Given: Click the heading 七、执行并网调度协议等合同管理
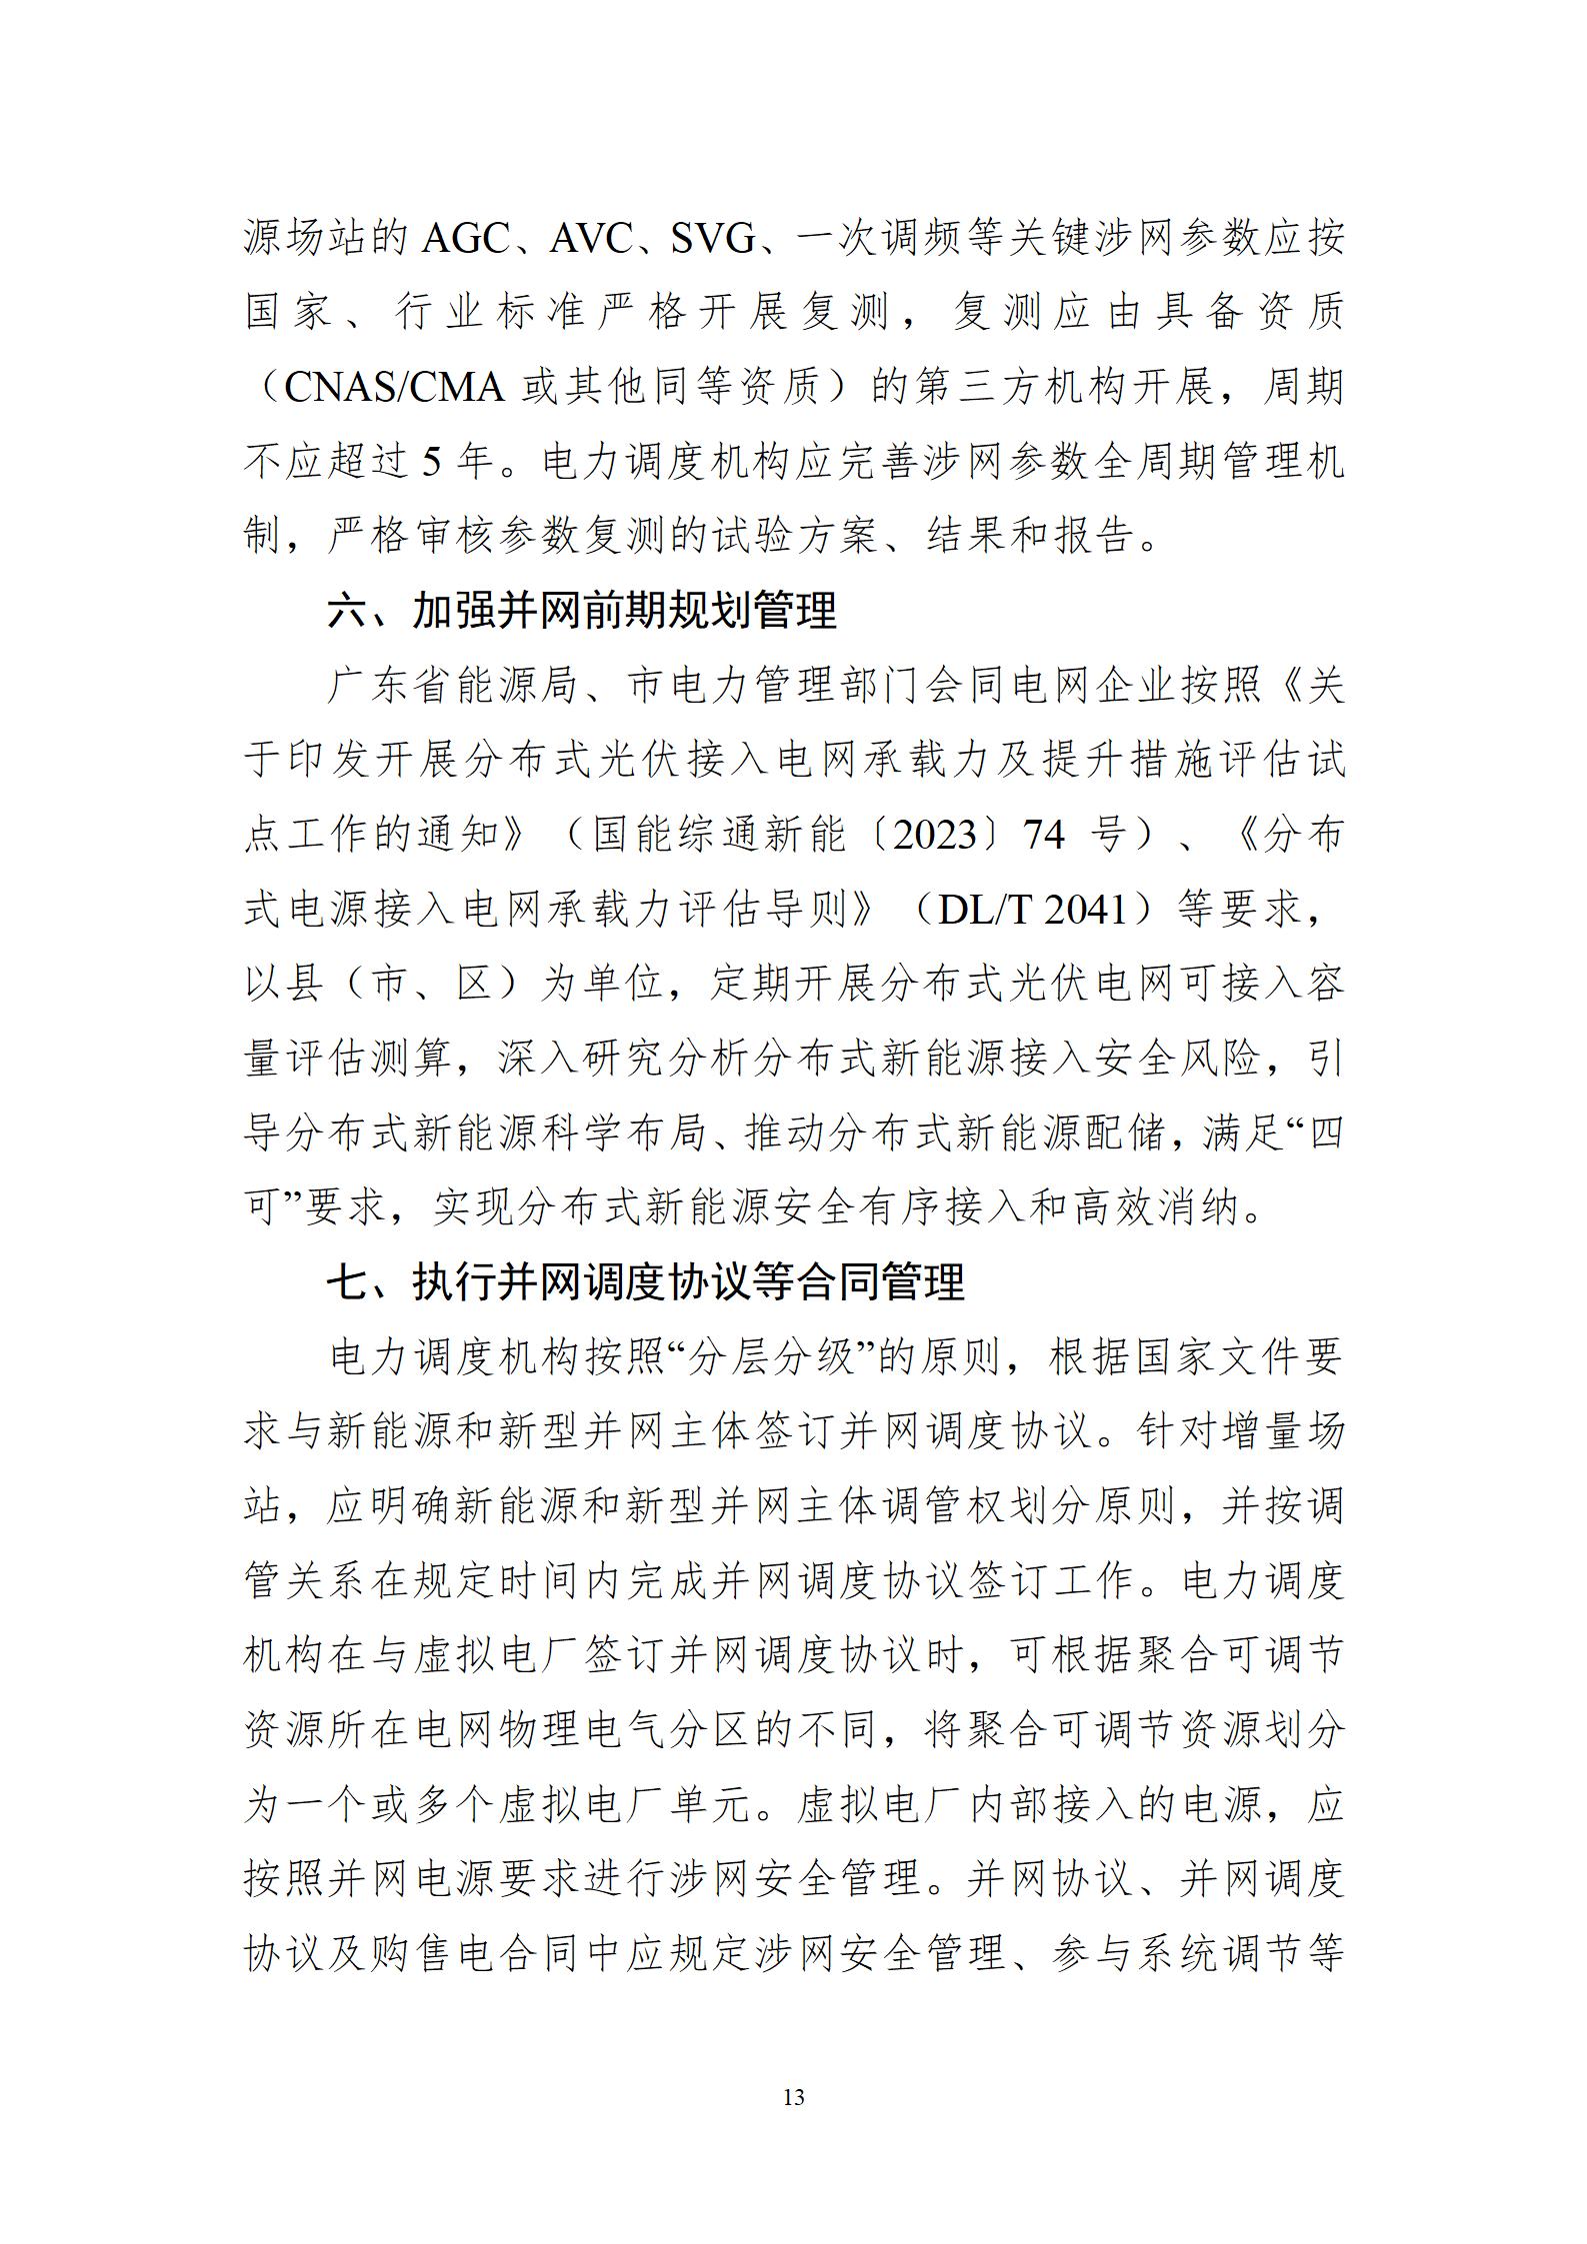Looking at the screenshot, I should point(645,1282).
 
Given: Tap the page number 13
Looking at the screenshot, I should point(793,2097).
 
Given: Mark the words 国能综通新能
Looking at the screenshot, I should point(719,835).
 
